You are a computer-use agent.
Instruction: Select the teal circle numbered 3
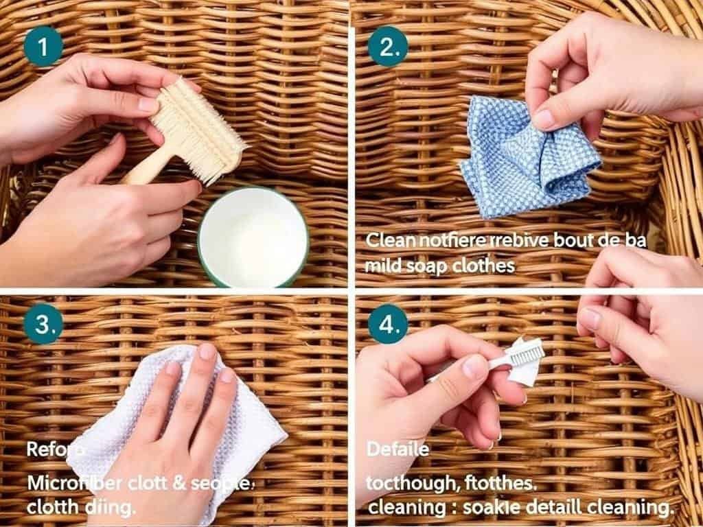coord(43,325)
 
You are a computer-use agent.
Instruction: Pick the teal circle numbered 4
coord(389,325)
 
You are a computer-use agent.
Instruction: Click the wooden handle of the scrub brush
coord(148,168)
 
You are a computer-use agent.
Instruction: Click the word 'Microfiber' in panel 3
coord(71,482)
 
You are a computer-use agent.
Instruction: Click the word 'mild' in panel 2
coord(381,265)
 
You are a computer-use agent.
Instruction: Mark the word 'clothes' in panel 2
coord(483,265)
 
